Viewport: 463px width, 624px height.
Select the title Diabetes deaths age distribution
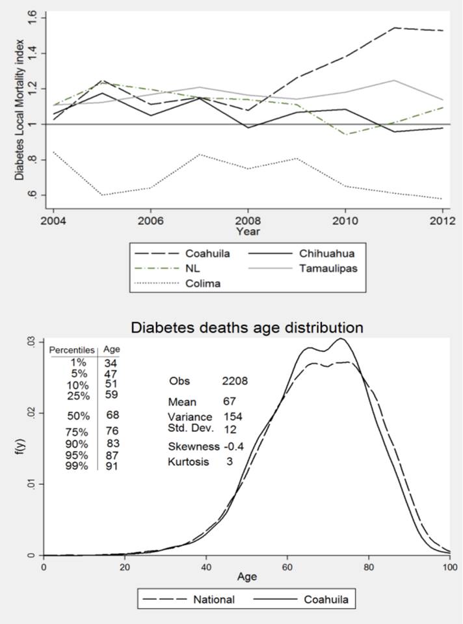(x=247, y=327)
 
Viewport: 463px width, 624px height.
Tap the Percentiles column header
(x=73, y=349)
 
